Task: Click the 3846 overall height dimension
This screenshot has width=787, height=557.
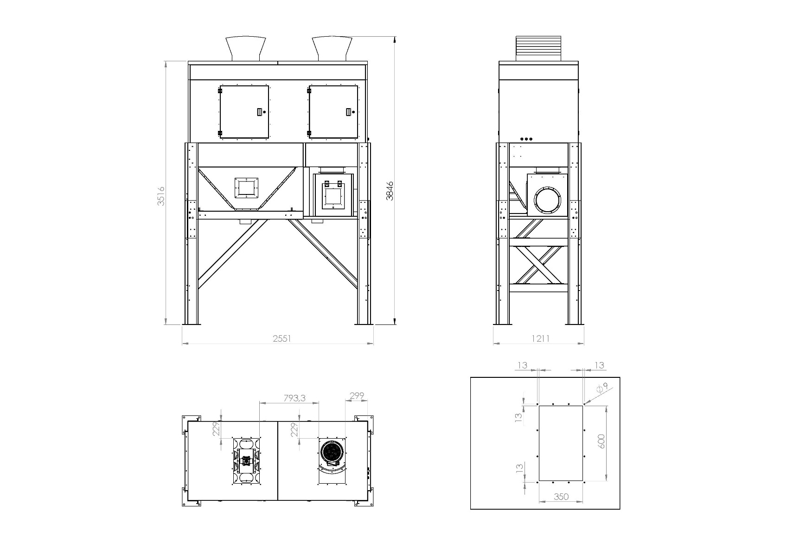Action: point(390,190)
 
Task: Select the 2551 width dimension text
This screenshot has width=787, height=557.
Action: point(282,338)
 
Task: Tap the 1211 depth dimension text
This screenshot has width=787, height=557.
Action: point(540,338)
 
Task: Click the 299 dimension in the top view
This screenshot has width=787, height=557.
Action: point(356,396)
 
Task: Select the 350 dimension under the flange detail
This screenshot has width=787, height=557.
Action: point(561,497)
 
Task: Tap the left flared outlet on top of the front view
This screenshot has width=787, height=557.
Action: point(246,48)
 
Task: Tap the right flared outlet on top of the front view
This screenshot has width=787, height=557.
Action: point(332,48)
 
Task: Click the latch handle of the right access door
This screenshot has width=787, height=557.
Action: point(349,111)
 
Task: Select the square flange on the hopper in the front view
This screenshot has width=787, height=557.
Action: point(246,187)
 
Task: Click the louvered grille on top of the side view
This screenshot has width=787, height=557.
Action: point(538,48)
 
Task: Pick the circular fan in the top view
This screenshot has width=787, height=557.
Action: point(332,452)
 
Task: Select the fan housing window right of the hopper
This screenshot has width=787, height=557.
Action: point(333,197)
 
